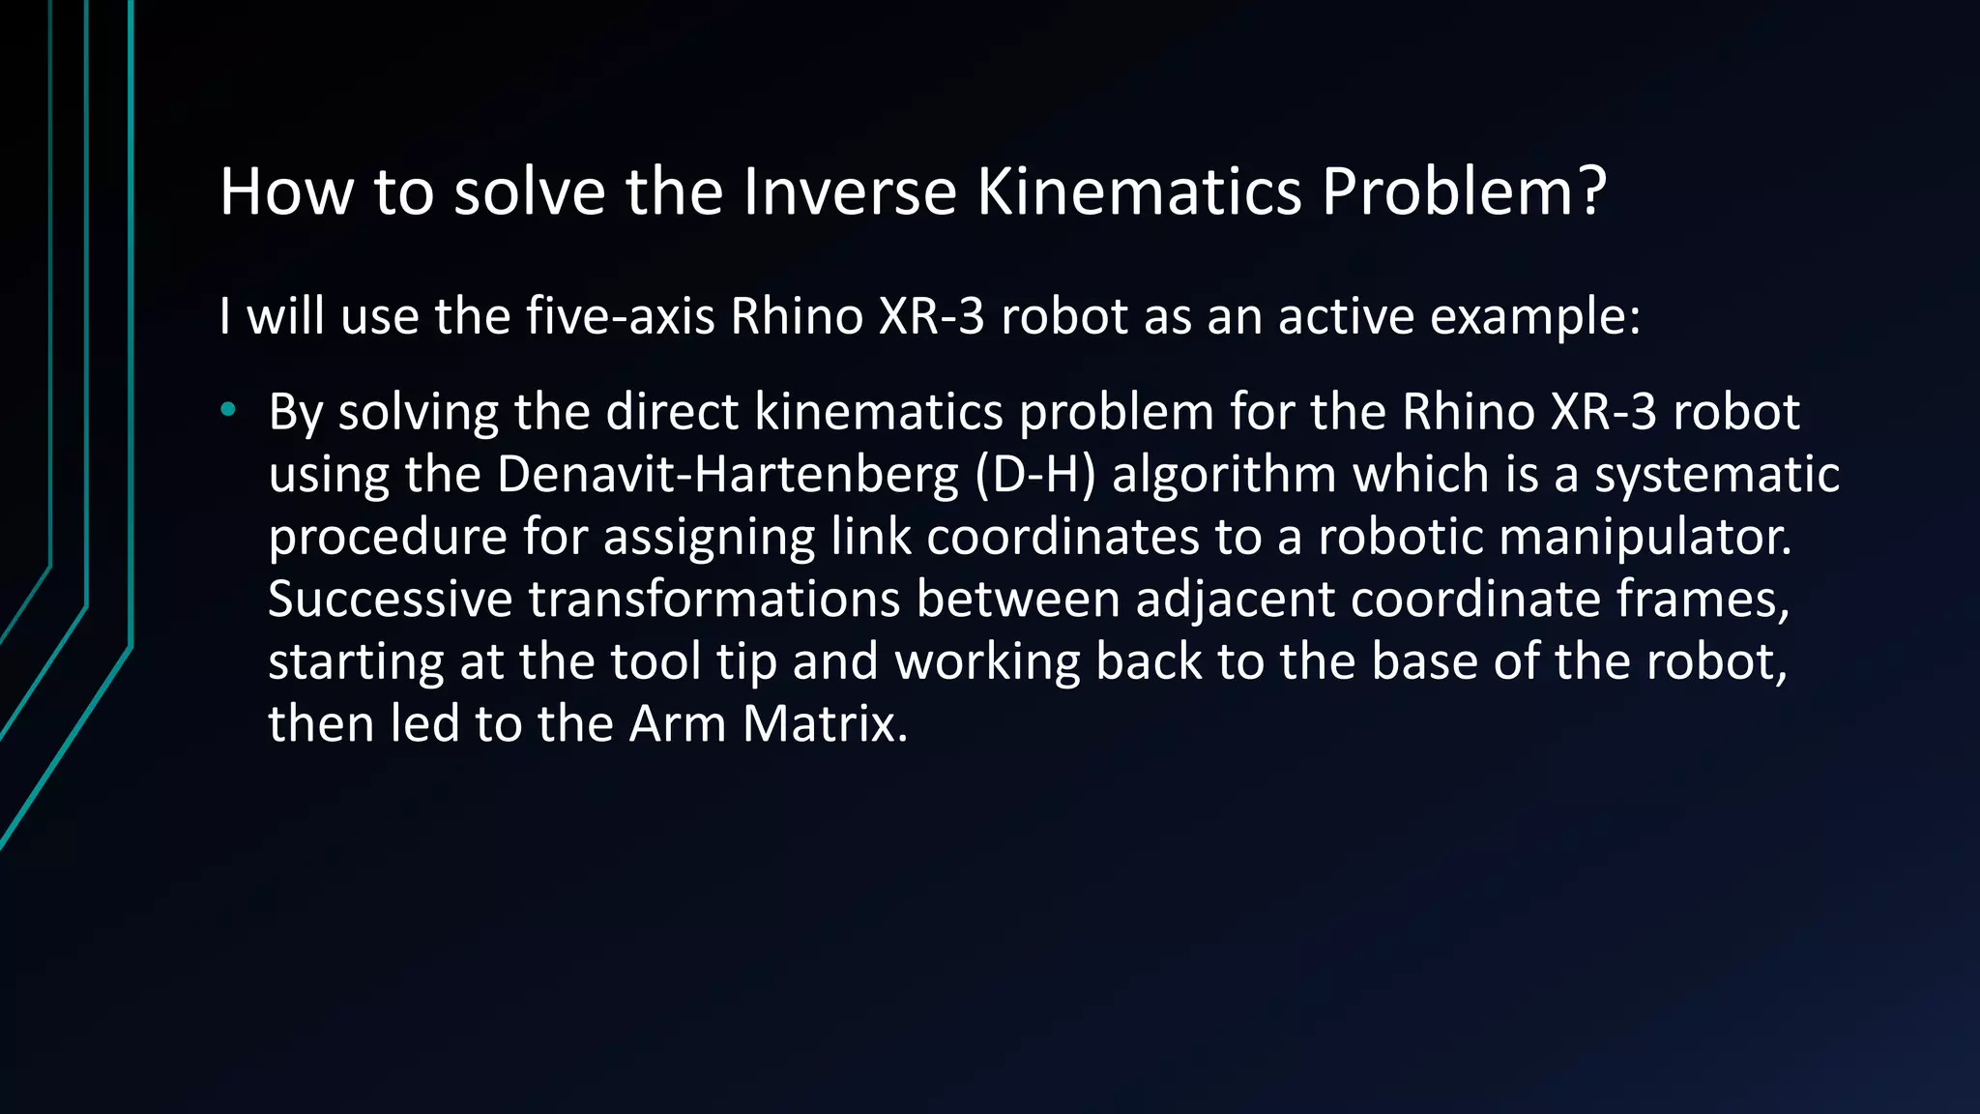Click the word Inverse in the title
pyautogui.click(x=849, y=191)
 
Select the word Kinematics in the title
pyautogui.click(x=1139, y=191)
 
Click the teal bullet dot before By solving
pyautogui.click(x=228, y=410)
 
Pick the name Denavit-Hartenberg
pyautogui.click(x=727, y=475)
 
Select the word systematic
pyautogui.click(x=1716, y=475)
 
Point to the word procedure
pyautogui.click(x=388, y=538)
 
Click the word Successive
pyautogui.click(x=390, y=600)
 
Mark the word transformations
pyautogui.click(x=714, y=600)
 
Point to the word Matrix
pyautogui.click(x=825, y=724)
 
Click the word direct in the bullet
pyautogui.click(x=672, y=412)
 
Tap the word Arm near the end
pyautogui.click(x=677, y=724)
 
